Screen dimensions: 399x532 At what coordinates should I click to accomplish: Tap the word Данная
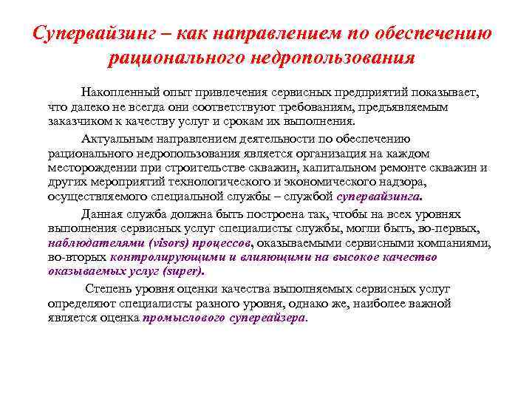[x=102, y=214]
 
